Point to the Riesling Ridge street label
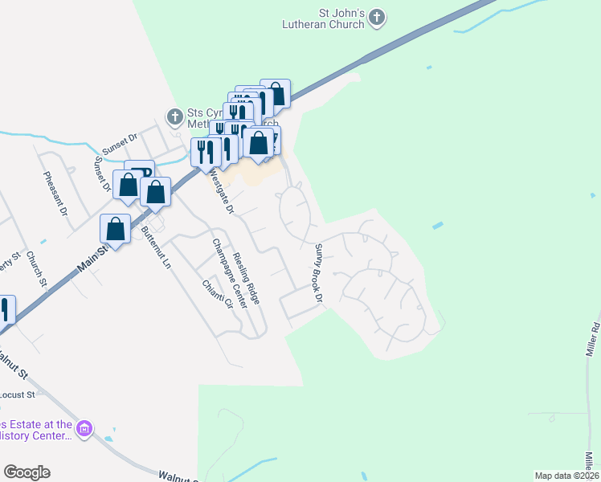click(247, 278)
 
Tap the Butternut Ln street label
click(156, 248)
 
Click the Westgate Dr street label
click(220, 190)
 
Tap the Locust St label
click(18, 394)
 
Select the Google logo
click(27, 472)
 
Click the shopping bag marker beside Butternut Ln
click(116, 229)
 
